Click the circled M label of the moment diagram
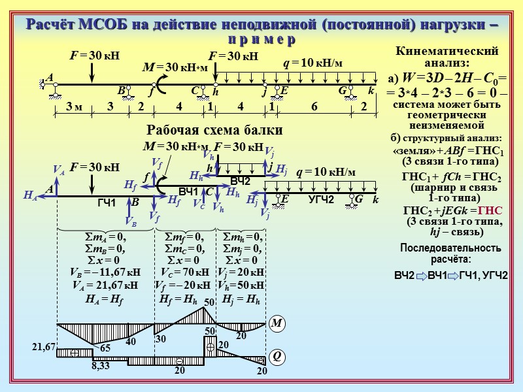[x=276, y=323]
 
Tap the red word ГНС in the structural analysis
[x=490, y=210]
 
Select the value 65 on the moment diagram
[x=105, y=349]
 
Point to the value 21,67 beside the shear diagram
[x=44, y=348]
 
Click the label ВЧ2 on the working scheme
[x=241, y=180]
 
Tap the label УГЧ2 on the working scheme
[x=321, y=199]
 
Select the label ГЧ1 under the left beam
[x=107, y=204]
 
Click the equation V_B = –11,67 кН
[x=105, y=272]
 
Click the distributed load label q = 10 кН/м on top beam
[x=312, y=63]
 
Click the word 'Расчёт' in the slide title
[x=50, y=25]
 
